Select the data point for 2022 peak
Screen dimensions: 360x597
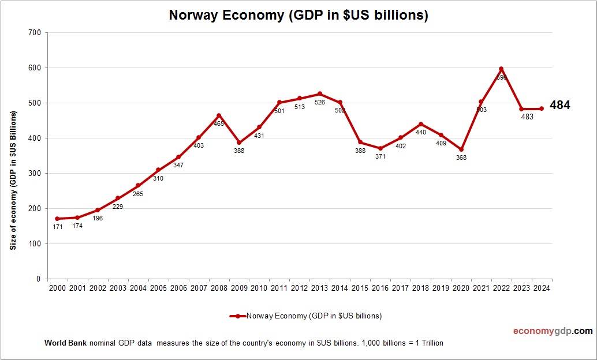[x=501, y=69]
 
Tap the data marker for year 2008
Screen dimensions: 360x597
[x=218, y=115]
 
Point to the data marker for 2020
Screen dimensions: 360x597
[x=461, y=149]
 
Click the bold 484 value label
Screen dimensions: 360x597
[x=559, y=105]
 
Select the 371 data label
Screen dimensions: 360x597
[x=380, y=156]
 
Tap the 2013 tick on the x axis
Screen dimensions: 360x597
[x=319, y=288]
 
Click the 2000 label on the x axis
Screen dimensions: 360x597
[x=57, y=288]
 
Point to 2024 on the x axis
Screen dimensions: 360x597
[x=542, y=288]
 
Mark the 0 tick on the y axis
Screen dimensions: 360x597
[x=38, y=279]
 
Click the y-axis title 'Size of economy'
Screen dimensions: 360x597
[x=13, y=180]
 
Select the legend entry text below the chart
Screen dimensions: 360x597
[x=314, y=316]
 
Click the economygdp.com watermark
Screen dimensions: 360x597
[x=553, y=331]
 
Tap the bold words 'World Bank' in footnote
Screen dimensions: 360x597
[x=65, y=343]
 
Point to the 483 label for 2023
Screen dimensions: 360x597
[x=527, y=117]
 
